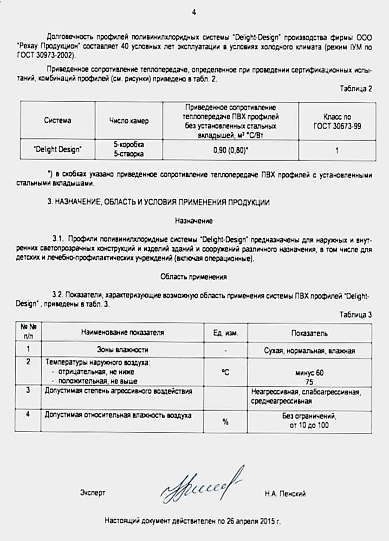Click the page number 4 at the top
194,12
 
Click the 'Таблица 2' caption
356,89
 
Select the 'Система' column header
57,120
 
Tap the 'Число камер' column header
128,121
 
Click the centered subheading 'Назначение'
193,221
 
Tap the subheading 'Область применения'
193,276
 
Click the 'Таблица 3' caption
356,314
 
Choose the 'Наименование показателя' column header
122,333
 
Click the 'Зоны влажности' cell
122,350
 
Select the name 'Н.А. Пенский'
286,493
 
